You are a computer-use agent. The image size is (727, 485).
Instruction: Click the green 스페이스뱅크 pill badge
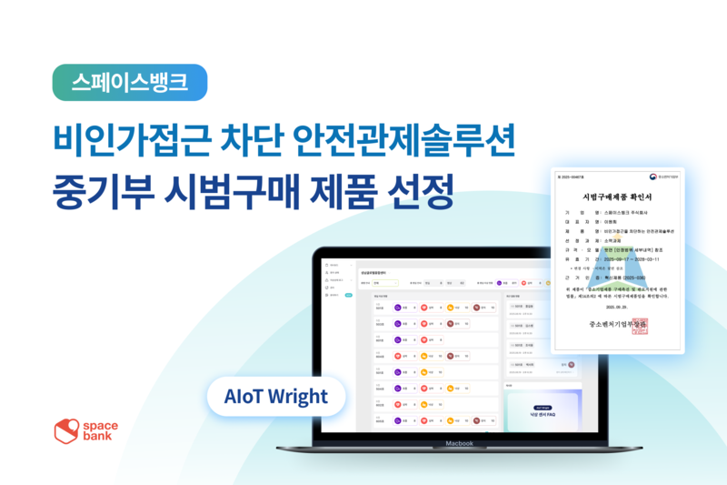click(130, 82)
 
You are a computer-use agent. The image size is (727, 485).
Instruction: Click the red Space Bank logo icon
click(68, 430)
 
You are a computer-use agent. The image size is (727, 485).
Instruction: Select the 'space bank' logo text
click(110, 430)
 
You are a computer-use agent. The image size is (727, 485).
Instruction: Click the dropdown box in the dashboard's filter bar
click(388, 283)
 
